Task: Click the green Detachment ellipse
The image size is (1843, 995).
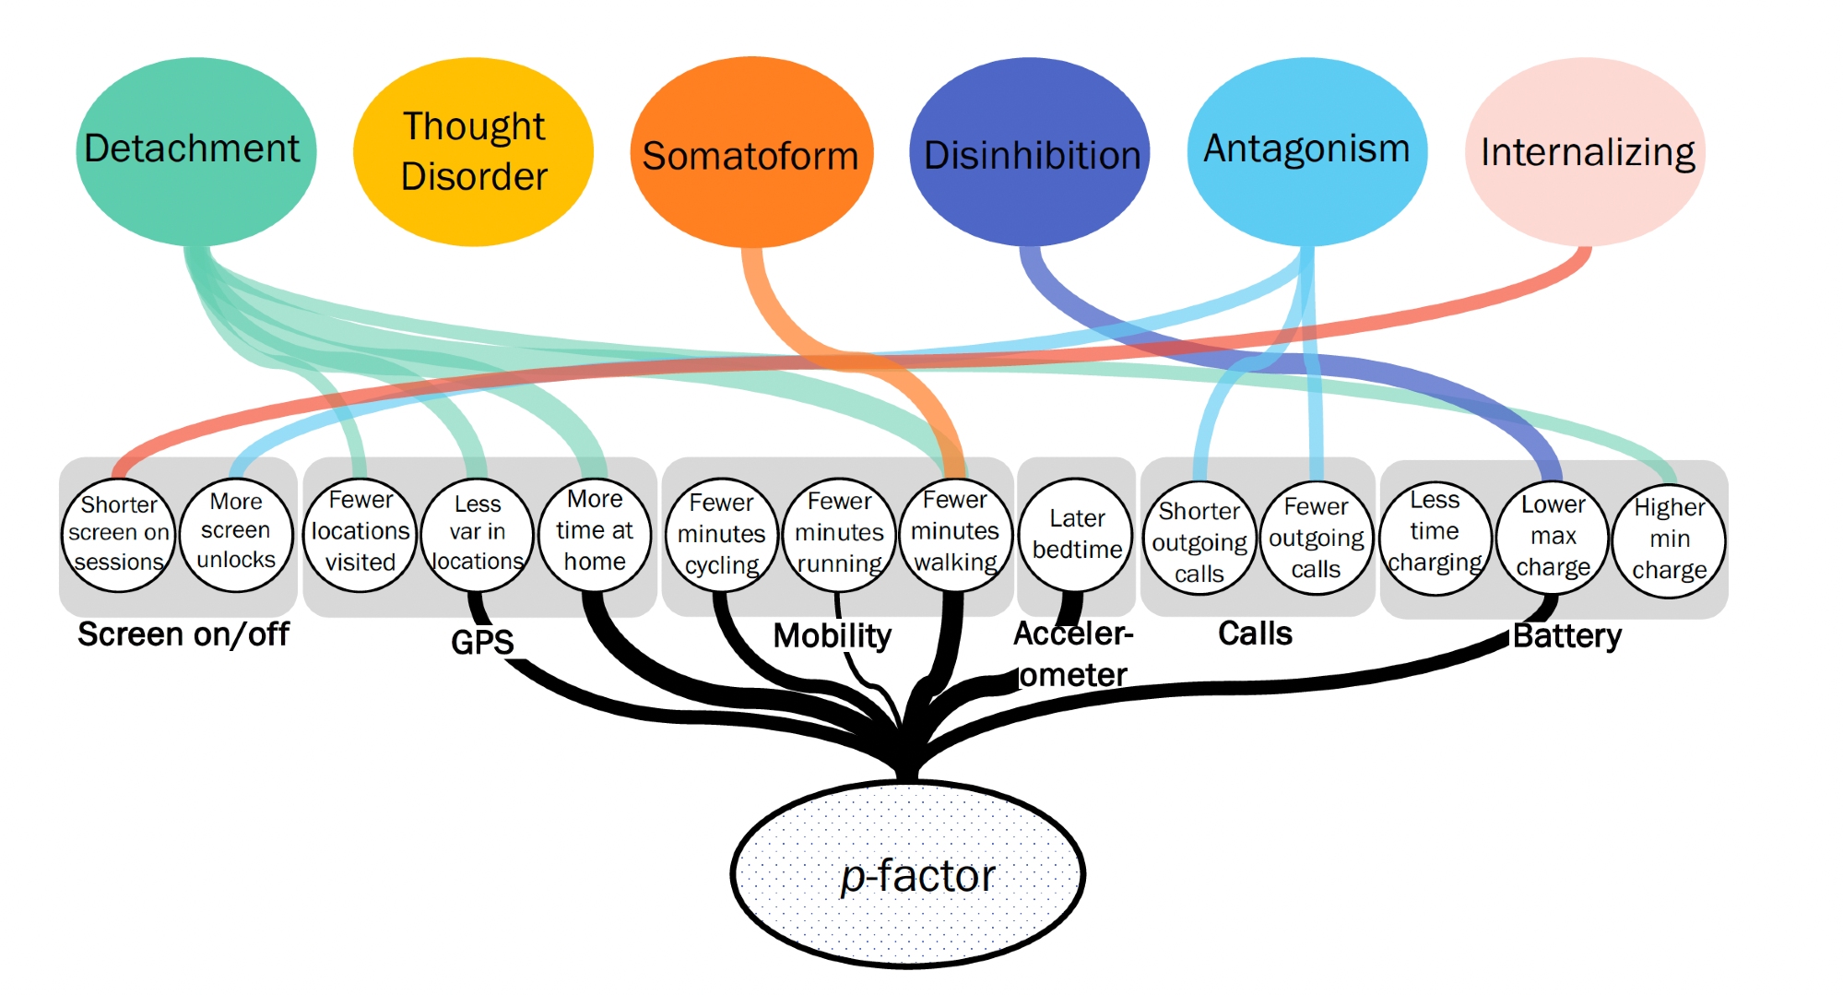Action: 195,150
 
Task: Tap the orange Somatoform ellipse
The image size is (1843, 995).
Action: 751,152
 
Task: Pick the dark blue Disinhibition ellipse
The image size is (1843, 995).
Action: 1030,152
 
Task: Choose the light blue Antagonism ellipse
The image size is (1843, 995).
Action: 1307,150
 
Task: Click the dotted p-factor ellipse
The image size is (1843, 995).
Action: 908,874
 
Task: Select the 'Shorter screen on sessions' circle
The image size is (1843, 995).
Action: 119,534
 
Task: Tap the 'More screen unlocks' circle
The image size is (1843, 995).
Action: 236,532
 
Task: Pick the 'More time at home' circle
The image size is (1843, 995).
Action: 595,532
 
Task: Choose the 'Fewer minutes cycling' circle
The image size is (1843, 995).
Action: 722,535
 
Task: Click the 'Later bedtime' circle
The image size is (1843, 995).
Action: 1077,535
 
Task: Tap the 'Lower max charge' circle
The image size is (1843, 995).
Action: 1554,537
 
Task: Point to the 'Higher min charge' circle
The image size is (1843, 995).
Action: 1670,540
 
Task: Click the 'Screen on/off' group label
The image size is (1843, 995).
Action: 183,634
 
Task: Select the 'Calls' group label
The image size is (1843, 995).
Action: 1255,634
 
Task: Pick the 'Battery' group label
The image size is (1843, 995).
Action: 1566,636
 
